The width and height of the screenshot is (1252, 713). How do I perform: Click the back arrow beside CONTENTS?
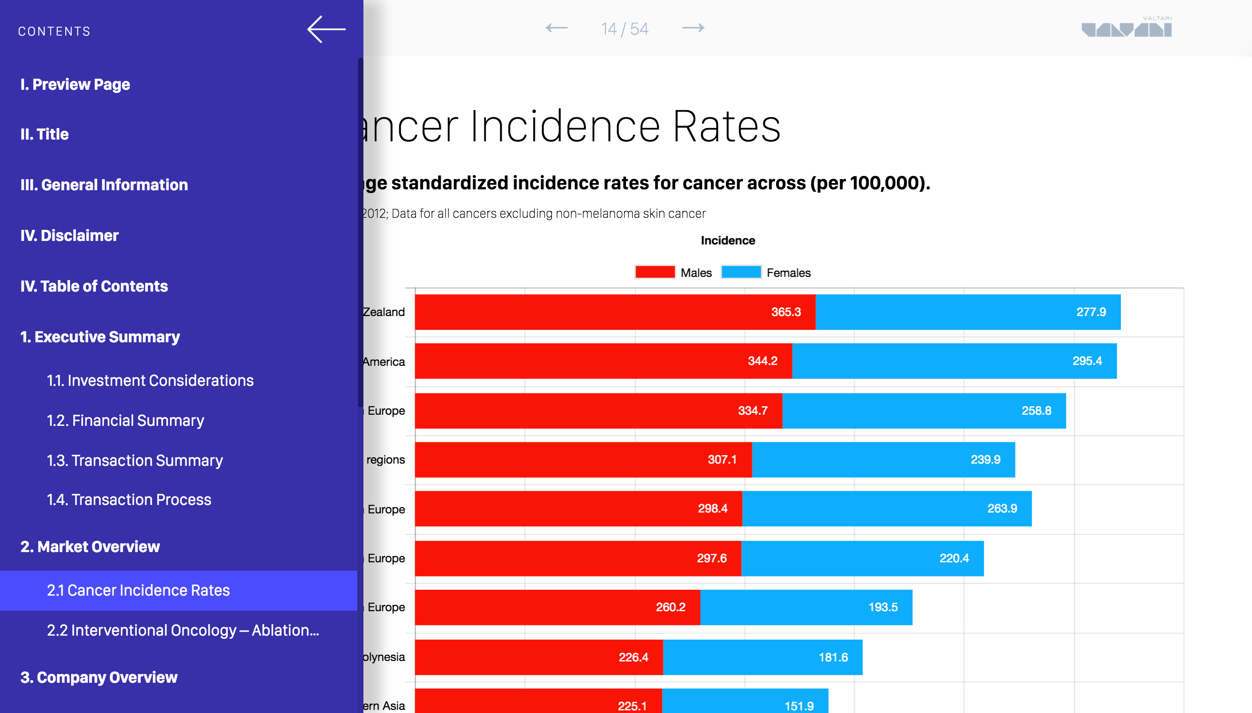[x=326, y=29]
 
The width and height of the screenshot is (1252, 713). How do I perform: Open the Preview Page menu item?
[x=75, y=84]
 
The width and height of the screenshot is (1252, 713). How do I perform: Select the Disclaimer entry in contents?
[x=69, y=236]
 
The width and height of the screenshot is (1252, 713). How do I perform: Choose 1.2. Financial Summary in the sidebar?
[x=125, y=421]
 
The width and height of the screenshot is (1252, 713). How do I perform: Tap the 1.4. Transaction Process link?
[x=129, y=500]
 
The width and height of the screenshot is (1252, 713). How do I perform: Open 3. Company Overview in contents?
[x=98, y=677]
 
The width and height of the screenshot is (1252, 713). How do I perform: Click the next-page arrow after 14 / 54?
[x=693, y=28]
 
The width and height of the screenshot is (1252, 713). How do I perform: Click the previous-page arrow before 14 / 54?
[x=557, y=28]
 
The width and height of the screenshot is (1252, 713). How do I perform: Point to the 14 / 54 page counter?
[x=625, y=29]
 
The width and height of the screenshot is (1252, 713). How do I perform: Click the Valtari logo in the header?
[x=1126, y=28]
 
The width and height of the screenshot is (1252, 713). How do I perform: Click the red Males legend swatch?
[x=654, y=272]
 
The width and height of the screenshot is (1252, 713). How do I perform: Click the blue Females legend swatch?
[x=741, y=272]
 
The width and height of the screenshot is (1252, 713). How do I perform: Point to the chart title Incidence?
[x=727, y=240]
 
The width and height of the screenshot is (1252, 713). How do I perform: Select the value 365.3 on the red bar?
[x=785, y=312]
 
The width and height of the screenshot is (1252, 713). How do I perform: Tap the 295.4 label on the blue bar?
[x=1087, y=361]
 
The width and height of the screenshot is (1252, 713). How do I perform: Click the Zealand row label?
[x=384, y=312]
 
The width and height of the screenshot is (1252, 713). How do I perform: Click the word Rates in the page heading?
[x=726, y=126]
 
